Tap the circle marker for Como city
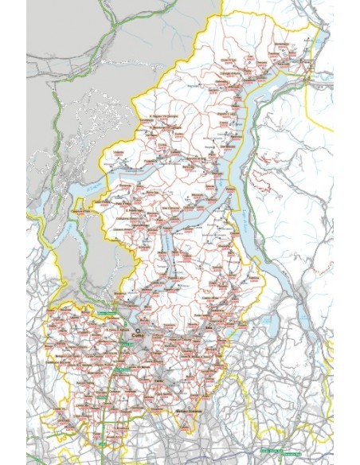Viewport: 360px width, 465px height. (x=138, y=330)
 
